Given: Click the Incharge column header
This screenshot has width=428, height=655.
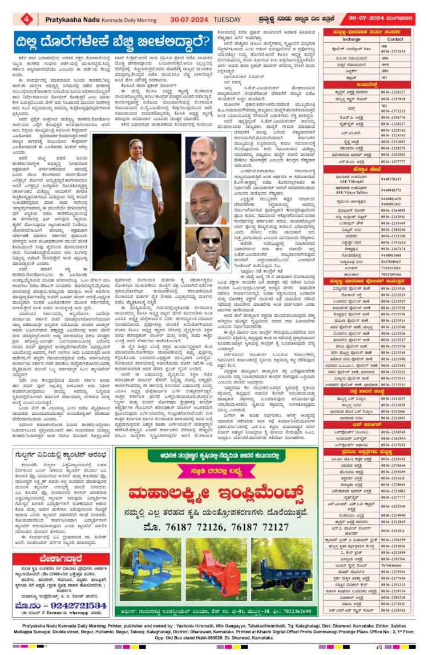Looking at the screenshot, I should click(352, 39).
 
